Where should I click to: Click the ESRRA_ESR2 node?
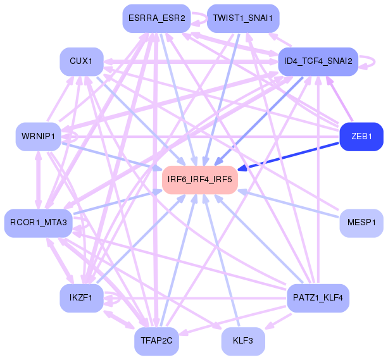[x=156, y=18]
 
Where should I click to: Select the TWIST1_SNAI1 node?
[x=243, y=18]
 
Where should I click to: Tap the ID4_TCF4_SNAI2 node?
[x=318, y=61]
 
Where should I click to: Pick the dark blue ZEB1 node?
[x=361, y=136]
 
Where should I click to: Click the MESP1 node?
[x=361, y=222]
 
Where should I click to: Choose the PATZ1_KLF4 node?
[x=318, y=297]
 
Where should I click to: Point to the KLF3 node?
[x=243, y=341]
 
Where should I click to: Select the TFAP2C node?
[x=156, y=341]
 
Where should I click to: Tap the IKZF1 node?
[x=82, y=297]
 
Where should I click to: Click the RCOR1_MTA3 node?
[x=39, y=222]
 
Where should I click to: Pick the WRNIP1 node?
[x=39, y=136]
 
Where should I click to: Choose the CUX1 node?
[x=82, y=61]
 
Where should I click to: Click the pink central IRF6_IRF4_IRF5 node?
[x=200, y=180]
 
